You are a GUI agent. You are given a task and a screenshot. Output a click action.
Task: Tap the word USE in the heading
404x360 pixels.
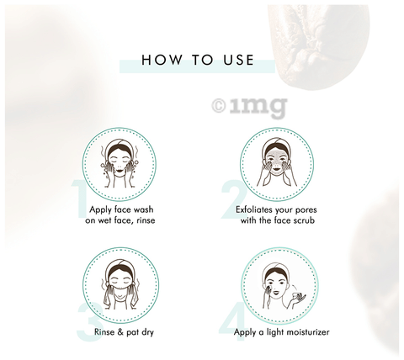coord(239,60)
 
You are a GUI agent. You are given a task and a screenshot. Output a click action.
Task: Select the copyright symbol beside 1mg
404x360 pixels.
coord(219,106)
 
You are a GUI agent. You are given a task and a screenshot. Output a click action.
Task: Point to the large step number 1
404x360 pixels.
coord(80,199)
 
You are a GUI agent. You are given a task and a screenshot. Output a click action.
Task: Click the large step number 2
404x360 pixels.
coord(234,199)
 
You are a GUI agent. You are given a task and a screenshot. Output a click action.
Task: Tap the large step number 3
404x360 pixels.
coord(89,322)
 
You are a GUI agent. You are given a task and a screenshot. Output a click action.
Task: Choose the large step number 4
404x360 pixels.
coord(232,322)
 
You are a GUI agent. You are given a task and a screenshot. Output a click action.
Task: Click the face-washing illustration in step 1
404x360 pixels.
coord(119,164)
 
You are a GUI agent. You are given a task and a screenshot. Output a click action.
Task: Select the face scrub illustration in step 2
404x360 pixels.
coord(277,163)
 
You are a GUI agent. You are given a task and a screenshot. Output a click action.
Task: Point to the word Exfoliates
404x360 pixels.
coord(254,209)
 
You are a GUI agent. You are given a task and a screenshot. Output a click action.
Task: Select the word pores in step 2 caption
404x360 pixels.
coord(306,210)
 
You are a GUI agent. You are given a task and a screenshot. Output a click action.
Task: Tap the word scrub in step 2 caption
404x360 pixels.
coord(304,220)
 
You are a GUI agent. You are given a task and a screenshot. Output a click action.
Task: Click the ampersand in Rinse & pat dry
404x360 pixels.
coord(120,332)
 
